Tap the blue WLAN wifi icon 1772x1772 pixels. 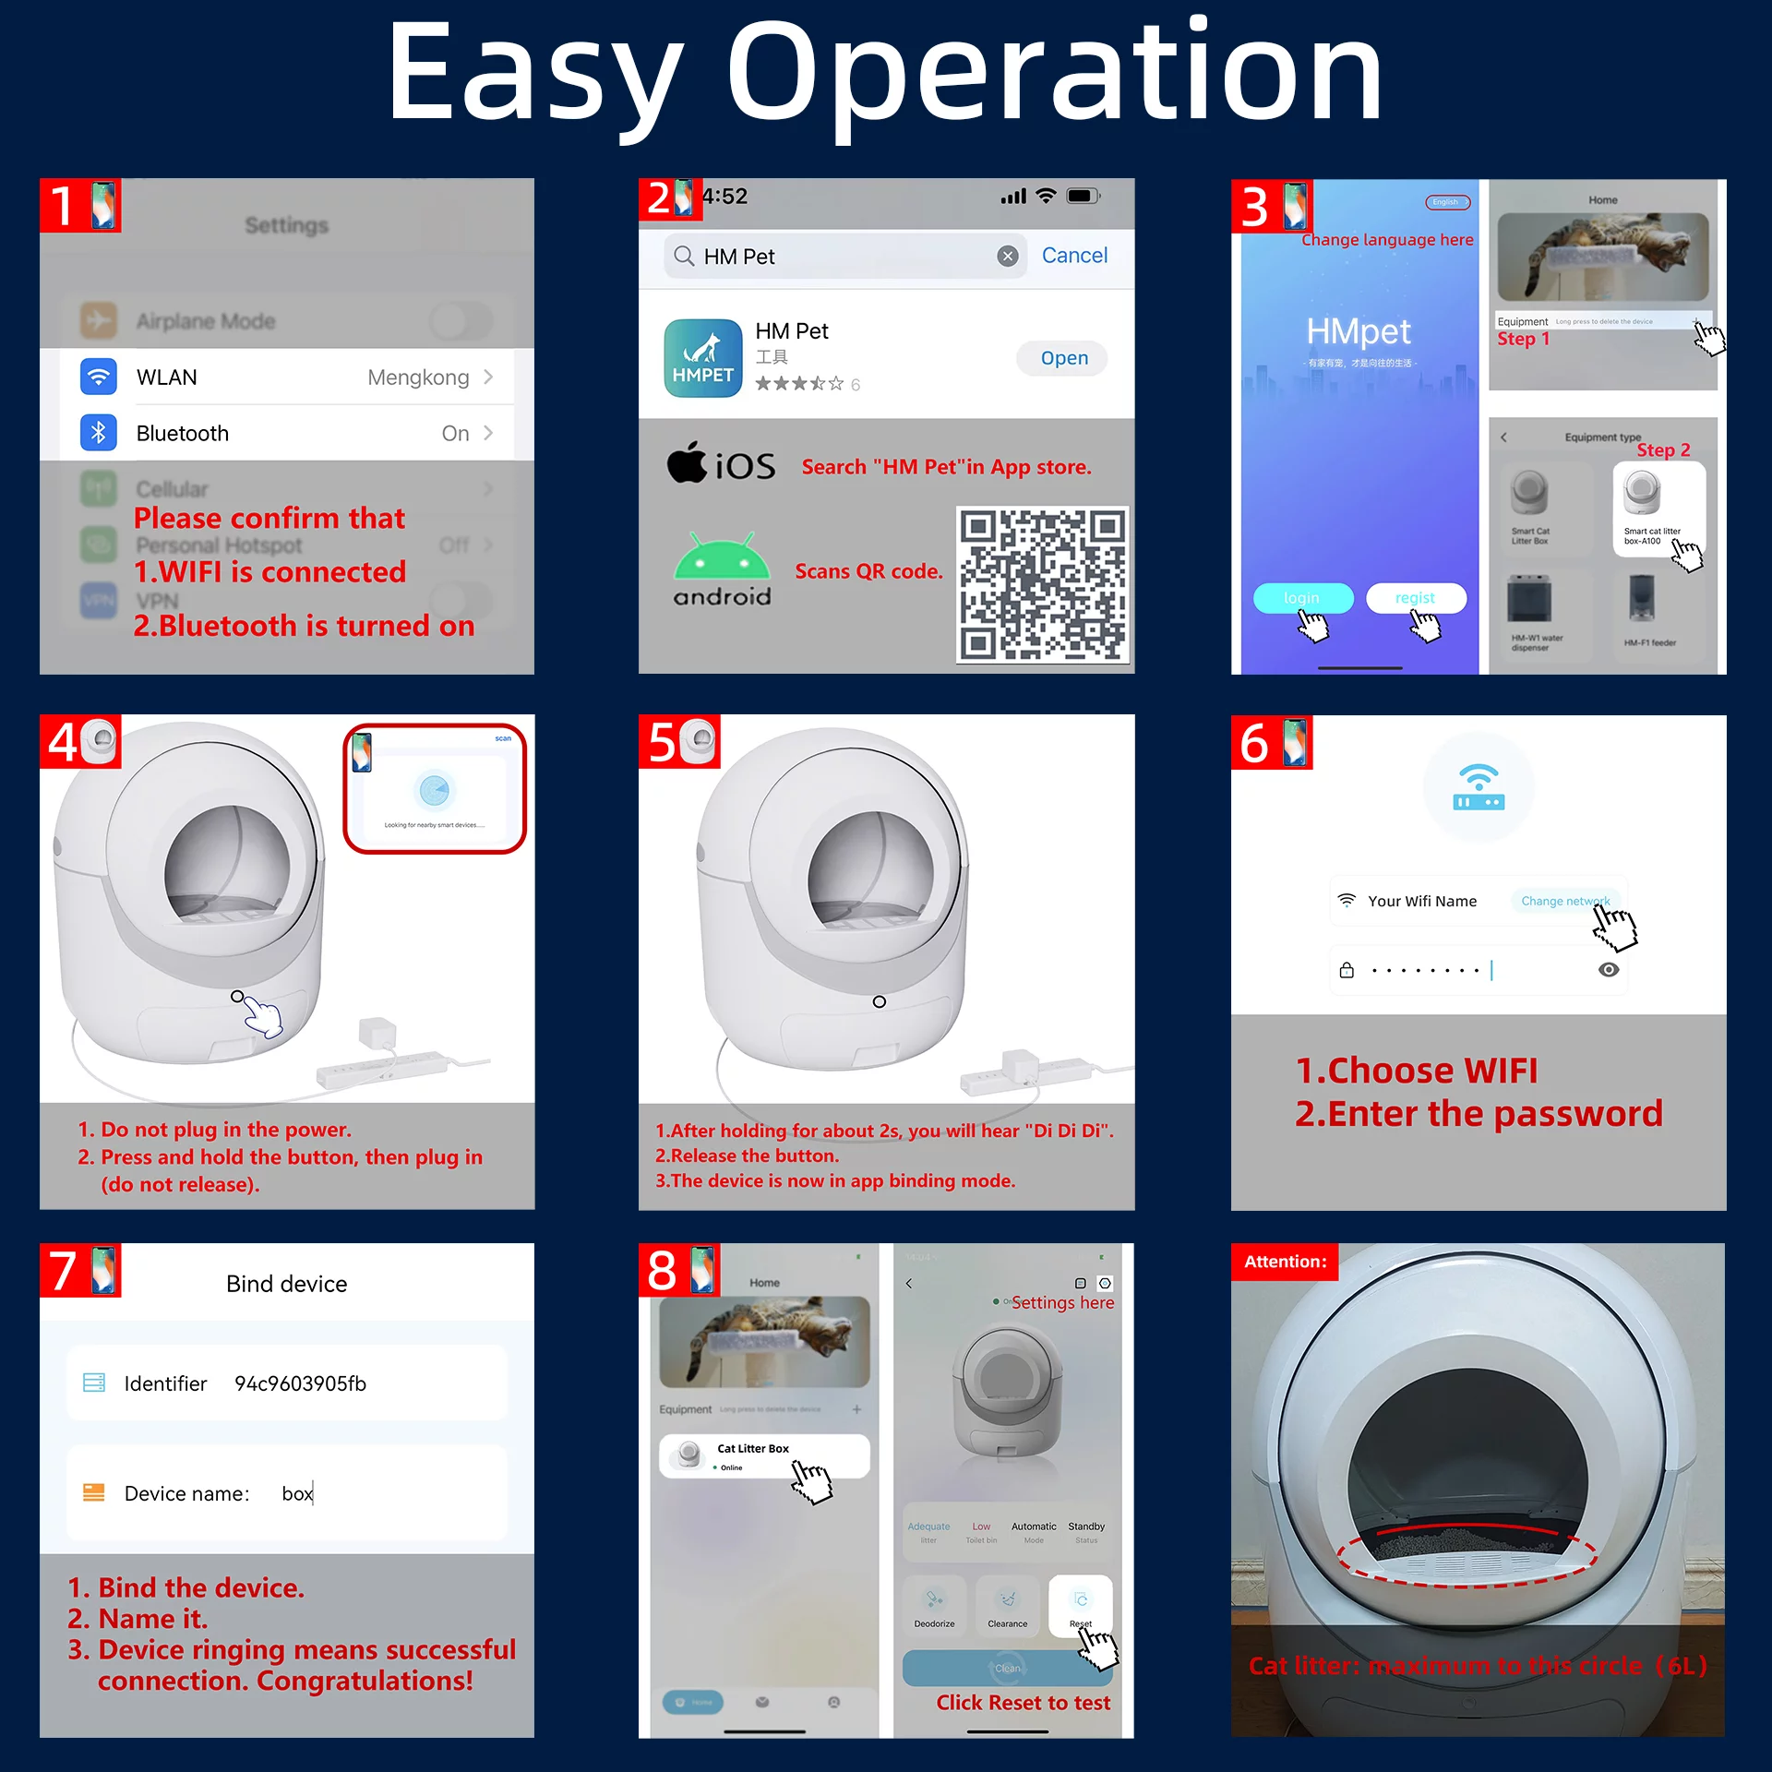98,377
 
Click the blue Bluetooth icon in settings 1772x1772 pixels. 98,433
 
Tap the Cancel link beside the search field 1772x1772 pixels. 1074,256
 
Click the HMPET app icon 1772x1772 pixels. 703,358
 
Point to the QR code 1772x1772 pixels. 1041,583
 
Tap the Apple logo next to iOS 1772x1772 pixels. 688,463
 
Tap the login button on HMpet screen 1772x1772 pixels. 1301,598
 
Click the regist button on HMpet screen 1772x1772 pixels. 1415,598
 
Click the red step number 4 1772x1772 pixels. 63,742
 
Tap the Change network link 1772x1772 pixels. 1564,901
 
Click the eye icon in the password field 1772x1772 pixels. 1609,970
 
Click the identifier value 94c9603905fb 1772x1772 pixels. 300,1383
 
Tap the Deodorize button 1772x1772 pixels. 934,1606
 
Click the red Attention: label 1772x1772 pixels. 1285,1262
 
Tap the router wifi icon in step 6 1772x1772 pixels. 1479,787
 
